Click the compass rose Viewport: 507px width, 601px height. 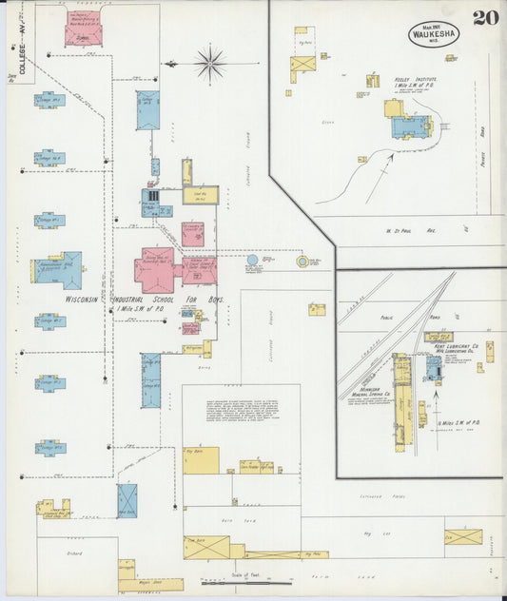pos(209,64)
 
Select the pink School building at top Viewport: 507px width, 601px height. pos(83,29)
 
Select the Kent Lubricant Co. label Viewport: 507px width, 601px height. pos(446,348)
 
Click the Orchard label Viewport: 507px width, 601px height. pos(74,552)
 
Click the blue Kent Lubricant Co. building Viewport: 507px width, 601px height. pos(434,369)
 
